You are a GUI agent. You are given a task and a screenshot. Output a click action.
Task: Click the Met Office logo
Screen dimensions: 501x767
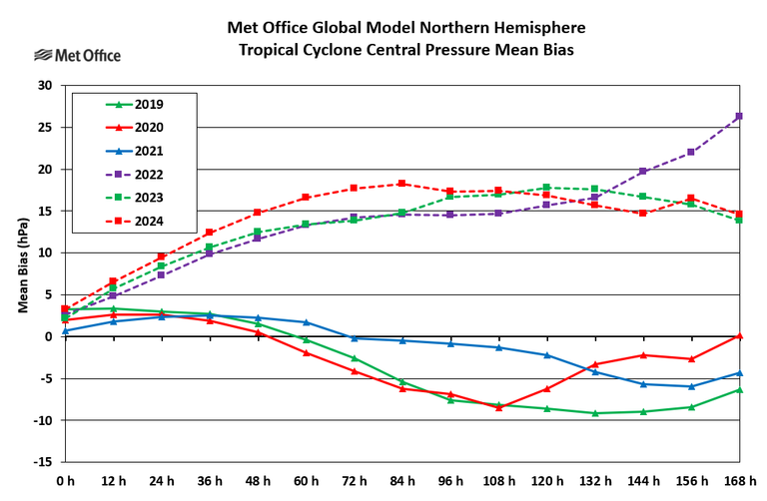point(77,55)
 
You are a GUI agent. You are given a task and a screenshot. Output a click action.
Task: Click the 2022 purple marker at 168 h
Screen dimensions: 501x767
point(738,117)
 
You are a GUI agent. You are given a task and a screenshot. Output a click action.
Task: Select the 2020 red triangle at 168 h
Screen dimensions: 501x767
point(738,335)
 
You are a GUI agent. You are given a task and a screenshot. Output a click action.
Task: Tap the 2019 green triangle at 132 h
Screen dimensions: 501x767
point(594,413)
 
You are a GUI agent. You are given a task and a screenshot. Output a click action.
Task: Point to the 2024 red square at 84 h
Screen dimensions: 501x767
point(401,184)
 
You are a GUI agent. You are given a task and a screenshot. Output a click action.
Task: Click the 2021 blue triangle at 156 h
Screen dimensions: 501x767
point(690,386)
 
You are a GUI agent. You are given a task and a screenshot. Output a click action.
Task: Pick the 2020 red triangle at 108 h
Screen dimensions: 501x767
point(498,407)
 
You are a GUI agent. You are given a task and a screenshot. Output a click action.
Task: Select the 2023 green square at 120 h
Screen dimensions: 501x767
point(546,188)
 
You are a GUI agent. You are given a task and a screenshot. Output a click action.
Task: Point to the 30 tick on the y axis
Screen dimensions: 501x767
point(45,86)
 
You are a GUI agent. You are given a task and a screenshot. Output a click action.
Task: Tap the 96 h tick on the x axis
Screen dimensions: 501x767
point(449,482)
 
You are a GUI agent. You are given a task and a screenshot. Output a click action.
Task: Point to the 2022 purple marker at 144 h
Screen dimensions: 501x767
point(642,172)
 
